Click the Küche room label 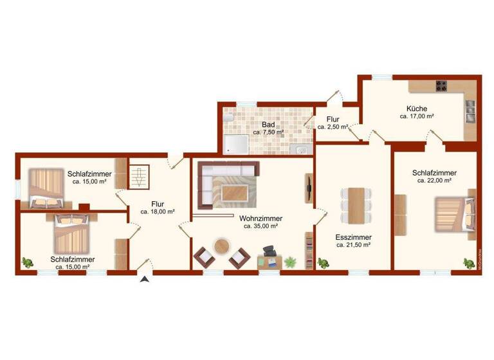416,109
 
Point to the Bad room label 268,124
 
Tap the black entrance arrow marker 145,278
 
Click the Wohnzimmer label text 261,219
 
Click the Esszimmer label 353,237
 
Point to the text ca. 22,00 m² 434,181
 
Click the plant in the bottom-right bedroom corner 468,262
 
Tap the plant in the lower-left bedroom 28,262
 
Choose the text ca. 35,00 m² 261,226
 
